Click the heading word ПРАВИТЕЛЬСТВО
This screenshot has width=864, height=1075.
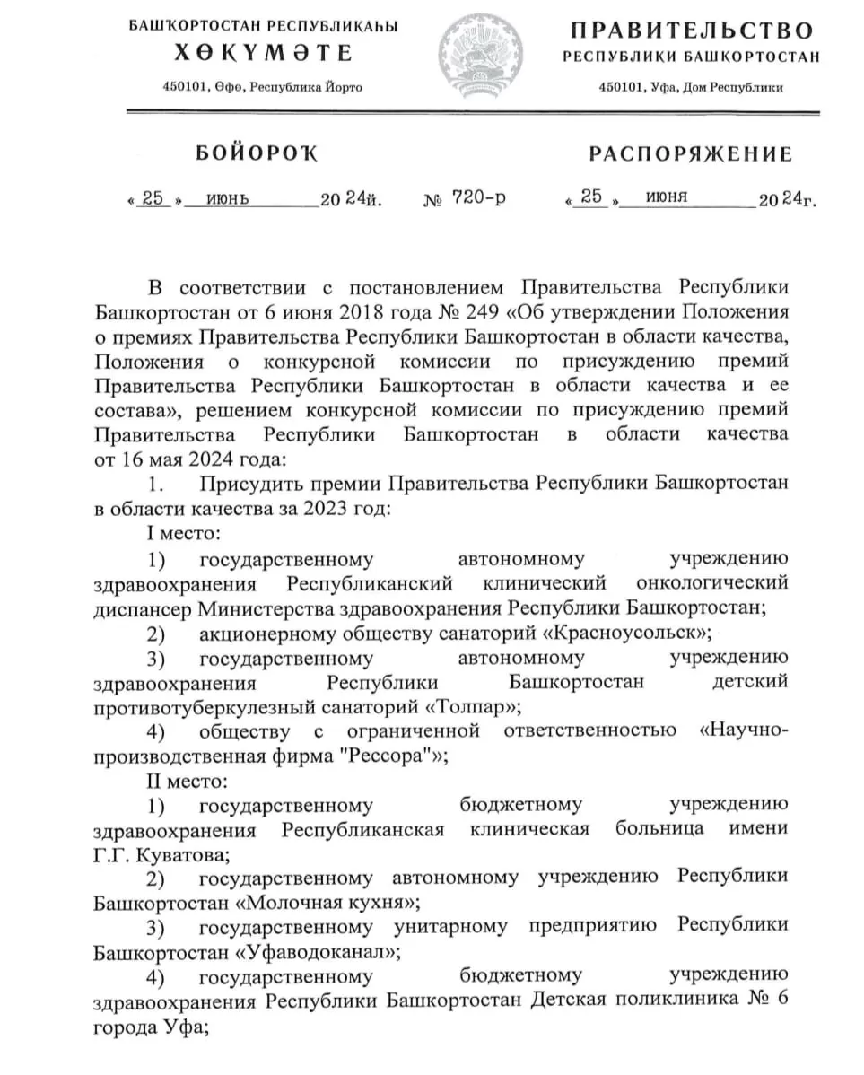pos(692,31)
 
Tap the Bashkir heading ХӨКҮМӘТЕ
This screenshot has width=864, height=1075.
pos(263,54)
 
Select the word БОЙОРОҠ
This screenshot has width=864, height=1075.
pos(257,153)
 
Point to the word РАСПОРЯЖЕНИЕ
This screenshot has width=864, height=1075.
pos(691,154)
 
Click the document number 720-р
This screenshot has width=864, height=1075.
pos(479,197)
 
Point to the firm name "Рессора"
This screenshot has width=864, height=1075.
pos(385,755)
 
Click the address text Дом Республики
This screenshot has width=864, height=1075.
pos(733,88)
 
